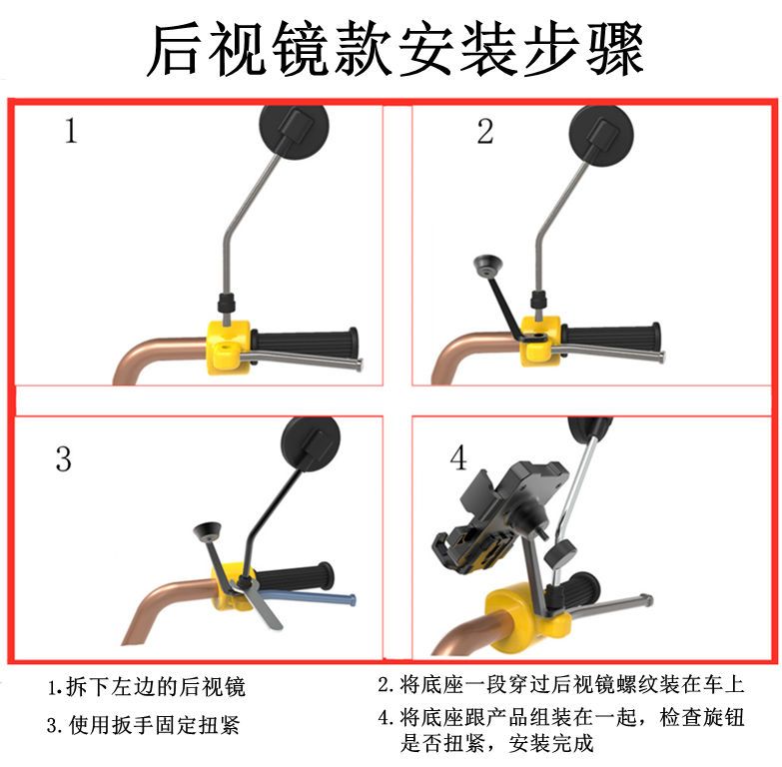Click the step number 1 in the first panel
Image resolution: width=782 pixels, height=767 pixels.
coord(71,131)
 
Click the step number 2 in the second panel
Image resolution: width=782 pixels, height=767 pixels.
coord(485,131)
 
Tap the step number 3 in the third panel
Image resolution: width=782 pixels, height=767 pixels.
coord(63,458)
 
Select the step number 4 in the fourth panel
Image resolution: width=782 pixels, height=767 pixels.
coord(458,457)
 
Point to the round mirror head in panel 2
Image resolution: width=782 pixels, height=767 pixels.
coord(602,135)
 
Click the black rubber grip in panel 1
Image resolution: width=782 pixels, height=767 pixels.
coord(305,343)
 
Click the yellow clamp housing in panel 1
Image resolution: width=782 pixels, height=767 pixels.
coord(230,347)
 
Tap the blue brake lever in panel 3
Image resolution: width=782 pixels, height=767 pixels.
coord(310,595)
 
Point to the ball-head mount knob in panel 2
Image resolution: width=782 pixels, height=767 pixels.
coord(487,265)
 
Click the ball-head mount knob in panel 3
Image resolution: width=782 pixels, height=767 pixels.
coord(208,530)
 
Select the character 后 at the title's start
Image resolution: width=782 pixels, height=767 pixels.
coord(176,50)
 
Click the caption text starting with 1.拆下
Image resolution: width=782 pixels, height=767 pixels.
coord(146,687)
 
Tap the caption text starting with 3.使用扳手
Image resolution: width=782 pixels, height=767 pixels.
coord(144,725)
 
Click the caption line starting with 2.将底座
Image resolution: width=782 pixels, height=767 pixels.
coord(561,684)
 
